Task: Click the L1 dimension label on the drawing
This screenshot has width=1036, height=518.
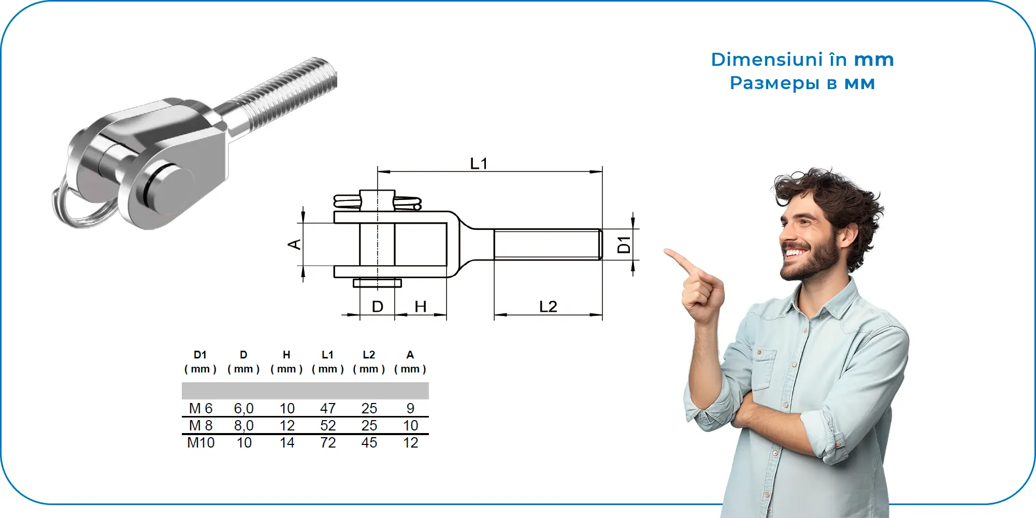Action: (x=479, y=164)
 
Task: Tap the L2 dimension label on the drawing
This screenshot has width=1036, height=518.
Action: (x=548, y=307)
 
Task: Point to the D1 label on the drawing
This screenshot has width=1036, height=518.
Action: (x=624, y=244)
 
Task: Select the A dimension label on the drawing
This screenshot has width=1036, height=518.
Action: (x=294, y=244)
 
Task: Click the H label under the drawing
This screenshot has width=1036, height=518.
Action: (x=421, y=307)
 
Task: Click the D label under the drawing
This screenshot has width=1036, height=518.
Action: (x=378, y=307)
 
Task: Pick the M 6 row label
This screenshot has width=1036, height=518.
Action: (x=200, y=408)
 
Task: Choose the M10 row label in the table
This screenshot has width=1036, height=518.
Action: (x=200, y=443)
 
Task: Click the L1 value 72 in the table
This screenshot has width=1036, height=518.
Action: (x=328, y=443)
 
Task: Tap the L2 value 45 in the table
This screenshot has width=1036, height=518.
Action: (x=369, y=443)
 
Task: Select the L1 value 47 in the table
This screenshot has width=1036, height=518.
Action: (x=328, y=408)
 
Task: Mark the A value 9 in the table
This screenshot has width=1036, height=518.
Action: (x=410, y=408)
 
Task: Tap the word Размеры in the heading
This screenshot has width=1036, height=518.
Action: (x=774, y=83)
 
